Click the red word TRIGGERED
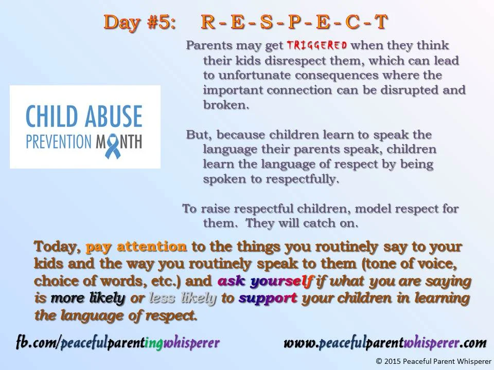tap(316, 45)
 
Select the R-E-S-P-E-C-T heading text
tap(294, 22)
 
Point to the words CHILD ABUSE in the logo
tap(84, 117)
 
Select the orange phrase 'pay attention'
tap(136, 247)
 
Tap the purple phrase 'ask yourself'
tap(265, 281)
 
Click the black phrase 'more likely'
tap(87, 298)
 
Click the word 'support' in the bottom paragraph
tap(268, 298)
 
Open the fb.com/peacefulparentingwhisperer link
tap(118, 343)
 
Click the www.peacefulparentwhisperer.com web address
tap(385, 343)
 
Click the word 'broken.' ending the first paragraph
tap(226, 105)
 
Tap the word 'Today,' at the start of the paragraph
tap(57, 247)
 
